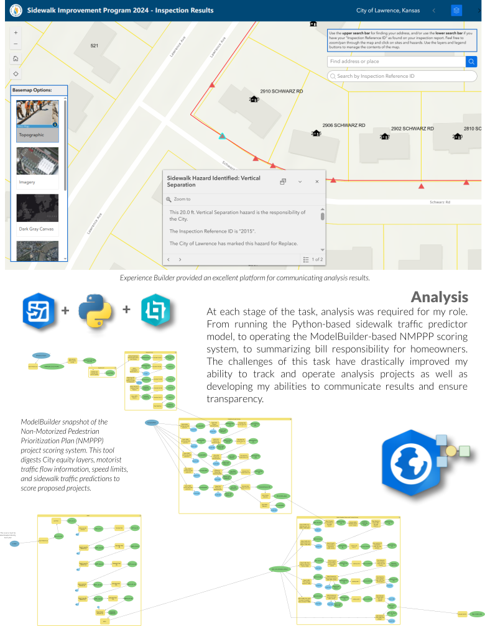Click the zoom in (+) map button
16,32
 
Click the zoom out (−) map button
16,44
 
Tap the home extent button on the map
16,59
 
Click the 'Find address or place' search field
396,62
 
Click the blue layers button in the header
457,11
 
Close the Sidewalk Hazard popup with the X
316,182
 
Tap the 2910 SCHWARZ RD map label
281,91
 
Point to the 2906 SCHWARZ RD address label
343,125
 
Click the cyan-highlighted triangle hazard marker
222,136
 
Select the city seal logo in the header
15,11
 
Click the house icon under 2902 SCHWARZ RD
385,136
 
